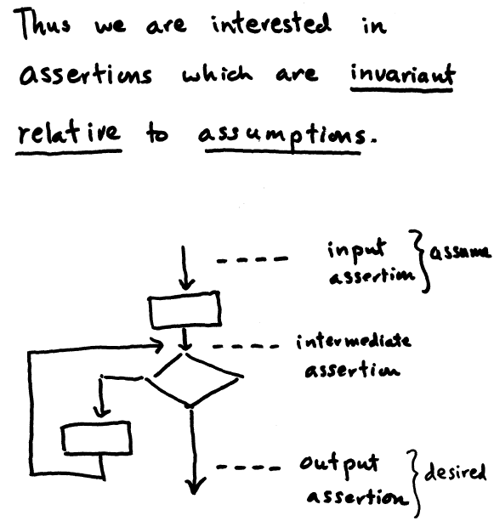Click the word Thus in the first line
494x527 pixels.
click(x=42, y=24)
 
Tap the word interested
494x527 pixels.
click(x=271, y=23)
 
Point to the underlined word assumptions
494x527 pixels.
click(x=287, y=136)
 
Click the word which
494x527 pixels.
click(x=217, y=73)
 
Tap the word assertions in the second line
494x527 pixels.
click(x=86, y=74)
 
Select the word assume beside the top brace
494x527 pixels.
click(x=460, y=252)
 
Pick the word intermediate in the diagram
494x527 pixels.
click(x=353, y=342)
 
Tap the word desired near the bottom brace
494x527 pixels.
click(x=456, y=472)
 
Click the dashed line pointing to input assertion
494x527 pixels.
click(x=253, y=259)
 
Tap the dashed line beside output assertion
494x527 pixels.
click(x=248, y=467)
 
